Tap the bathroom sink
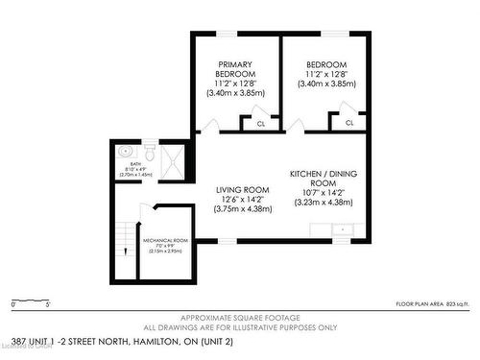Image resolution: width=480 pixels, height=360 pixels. [x=125, y=151]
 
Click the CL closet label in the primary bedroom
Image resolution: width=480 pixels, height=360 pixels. [x=260, y=123]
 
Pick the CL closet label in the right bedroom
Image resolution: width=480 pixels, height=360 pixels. [x=349, y=123]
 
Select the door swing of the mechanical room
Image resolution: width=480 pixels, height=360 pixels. [x=146, y=213]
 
